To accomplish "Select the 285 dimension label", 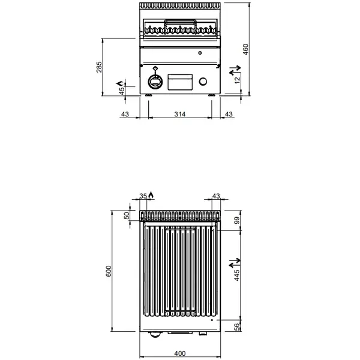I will click(x=100, y=67).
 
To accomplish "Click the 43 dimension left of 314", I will click(x=125, y=114).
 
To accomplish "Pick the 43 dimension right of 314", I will click(x=228, y=114).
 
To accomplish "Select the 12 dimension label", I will click(x=237, y=79).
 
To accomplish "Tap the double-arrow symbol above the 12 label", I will click(x=235, y=71).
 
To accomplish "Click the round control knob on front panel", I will click(x=155, y=81).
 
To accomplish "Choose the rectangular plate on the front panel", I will click(x=179, y=81).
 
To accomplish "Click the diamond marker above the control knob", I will click(x=155, y=68).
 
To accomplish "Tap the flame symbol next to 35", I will click(x=151, y=194).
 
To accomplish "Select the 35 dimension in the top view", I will click(x=143, y=196).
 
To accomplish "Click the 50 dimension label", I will click(x=127, y=216).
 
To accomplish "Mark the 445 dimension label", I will click(x=237, y=275).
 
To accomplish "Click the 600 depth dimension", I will click(x=109, y=272).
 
